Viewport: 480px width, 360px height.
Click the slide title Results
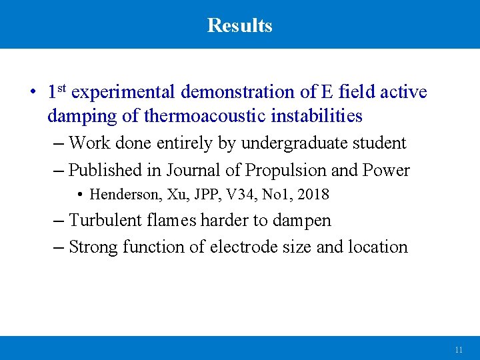pyautogui.click(x=239, y=25)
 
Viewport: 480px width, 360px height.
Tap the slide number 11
pyautogui.click(x=458, y=349)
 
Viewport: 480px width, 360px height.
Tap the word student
pyautogui.click(x=380, y=143)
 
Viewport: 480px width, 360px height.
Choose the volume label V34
pyautogui.click(x=241, y=195)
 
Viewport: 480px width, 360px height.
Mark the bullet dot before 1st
pyautogui.click(x=32, y=93)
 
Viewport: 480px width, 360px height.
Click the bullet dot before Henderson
pyautogui.click(x=80, y=195)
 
